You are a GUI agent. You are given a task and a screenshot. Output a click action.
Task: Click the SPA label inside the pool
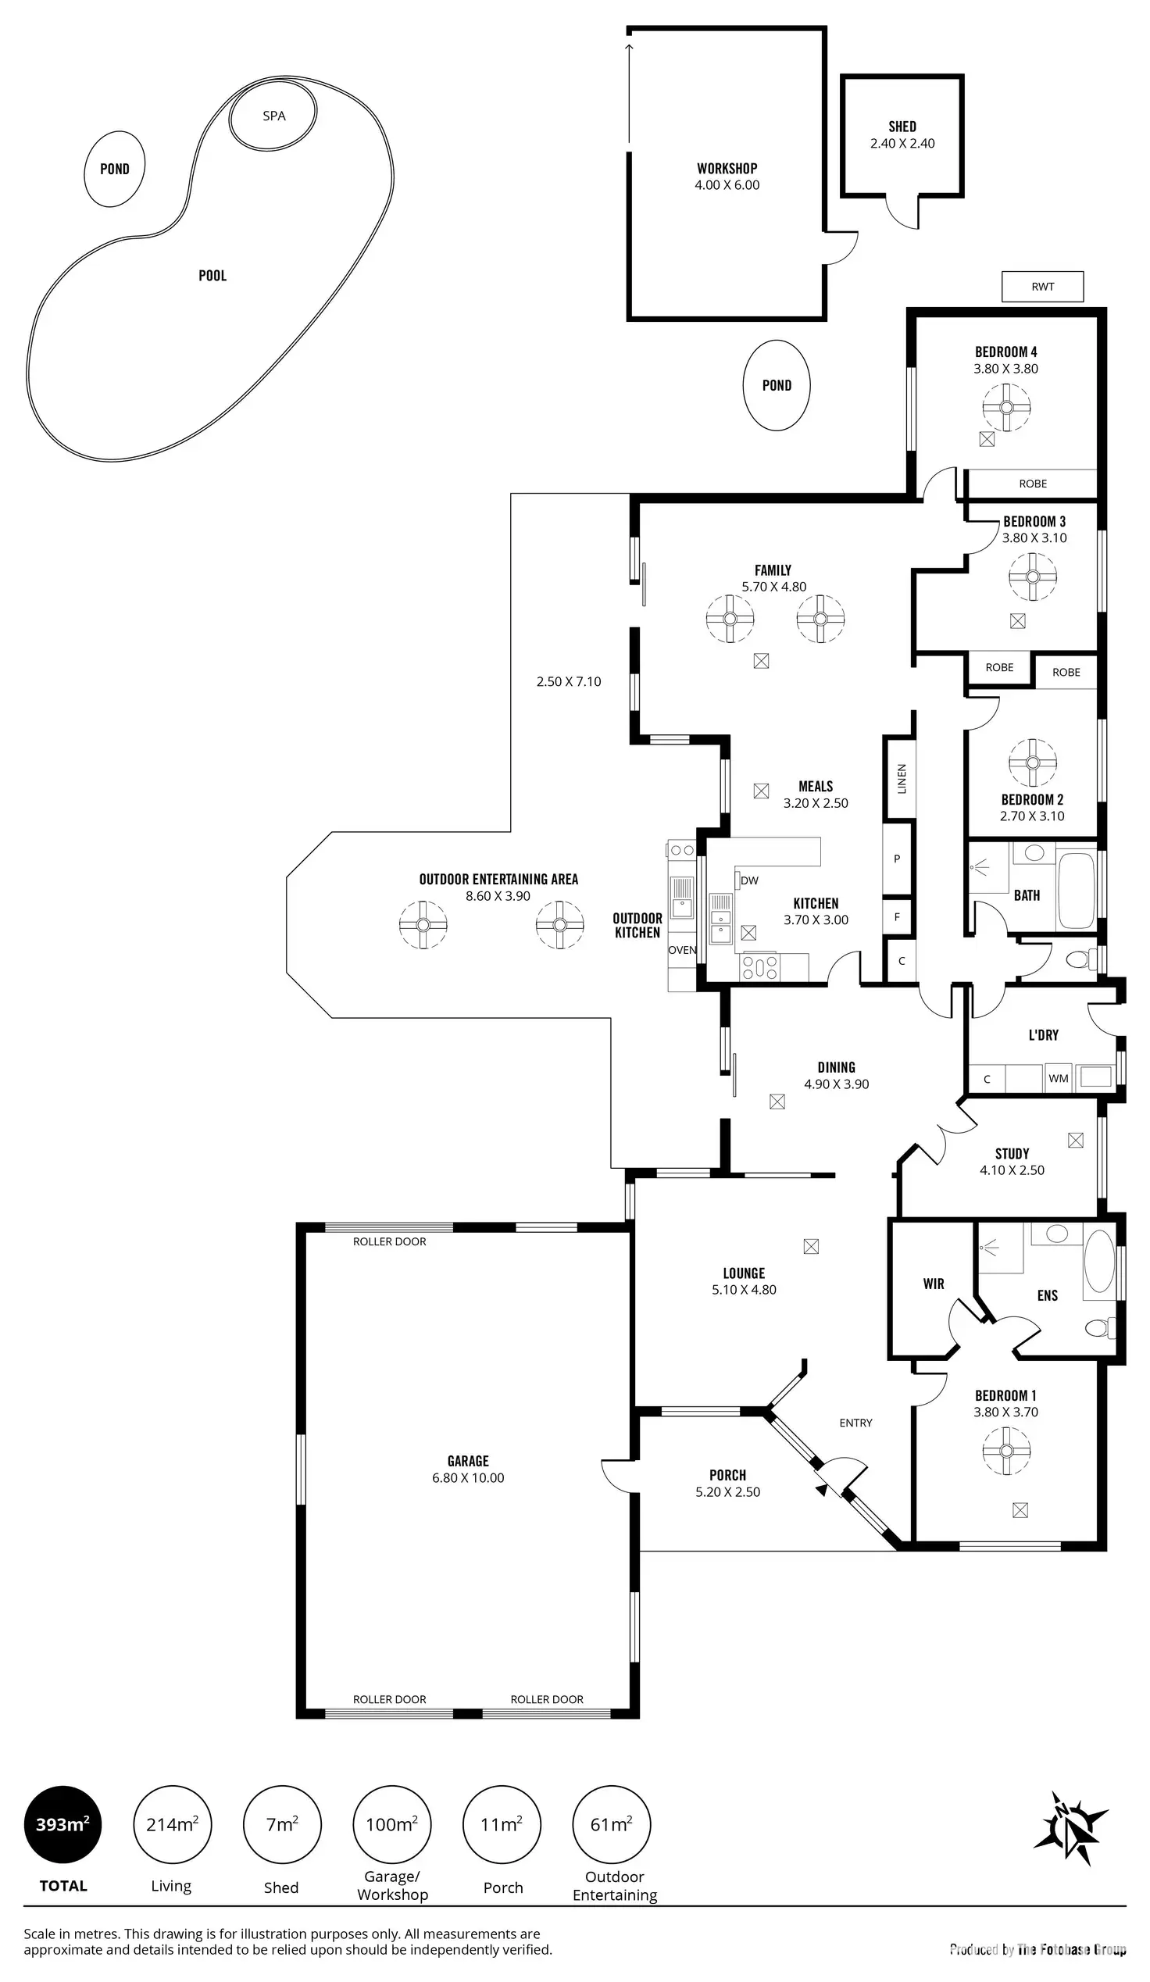(273, 116)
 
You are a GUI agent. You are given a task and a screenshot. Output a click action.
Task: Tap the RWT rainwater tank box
(1042, 286)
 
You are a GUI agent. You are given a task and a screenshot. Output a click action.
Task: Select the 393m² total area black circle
(63, 1824)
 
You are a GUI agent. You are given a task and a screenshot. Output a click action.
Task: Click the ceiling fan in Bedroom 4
(1006, 406)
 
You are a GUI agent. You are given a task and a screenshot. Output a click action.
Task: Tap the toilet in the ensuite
(1099, 1327)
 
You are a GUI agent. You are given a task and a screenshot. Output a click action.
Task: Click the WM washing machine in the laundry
(1058, 1078)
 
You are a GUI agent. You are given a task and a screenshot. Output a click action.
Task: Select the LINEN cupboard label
(902, 779)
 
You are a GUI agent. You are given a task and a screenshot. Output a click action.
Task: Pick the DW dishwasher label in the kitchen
(750, 880)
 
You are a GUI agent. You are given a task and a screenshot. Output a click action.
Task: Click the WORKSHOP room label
(727, 168)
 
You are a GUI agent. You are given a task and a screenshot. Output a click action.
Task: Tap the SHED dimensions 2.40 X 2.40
(902, 143)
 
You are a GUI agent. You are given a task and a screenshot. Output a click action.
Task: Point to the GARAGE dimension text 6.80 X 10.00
(468, 1477)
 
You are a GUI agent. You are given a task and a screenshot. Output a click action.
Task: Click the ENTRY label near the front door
(855, 1422)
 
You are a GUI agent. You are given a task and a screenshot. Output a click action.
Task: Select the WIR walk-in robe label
(934, 1284)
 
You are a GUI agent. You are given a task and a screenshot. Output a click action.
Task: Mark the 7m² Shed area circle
(281, 1824)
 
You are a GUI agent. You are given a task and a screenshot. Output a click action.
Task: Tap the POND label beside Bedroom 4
(777, 385)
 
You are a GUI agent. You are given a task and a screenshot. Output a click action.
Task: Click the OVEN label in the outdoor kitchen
(682, 949)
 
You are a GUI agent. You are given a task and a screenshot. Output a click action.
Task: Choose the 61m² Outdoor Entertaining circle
(611, 1824)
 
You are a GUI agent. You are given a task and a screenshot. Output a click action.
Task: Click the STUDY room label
(1012, 1153)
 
